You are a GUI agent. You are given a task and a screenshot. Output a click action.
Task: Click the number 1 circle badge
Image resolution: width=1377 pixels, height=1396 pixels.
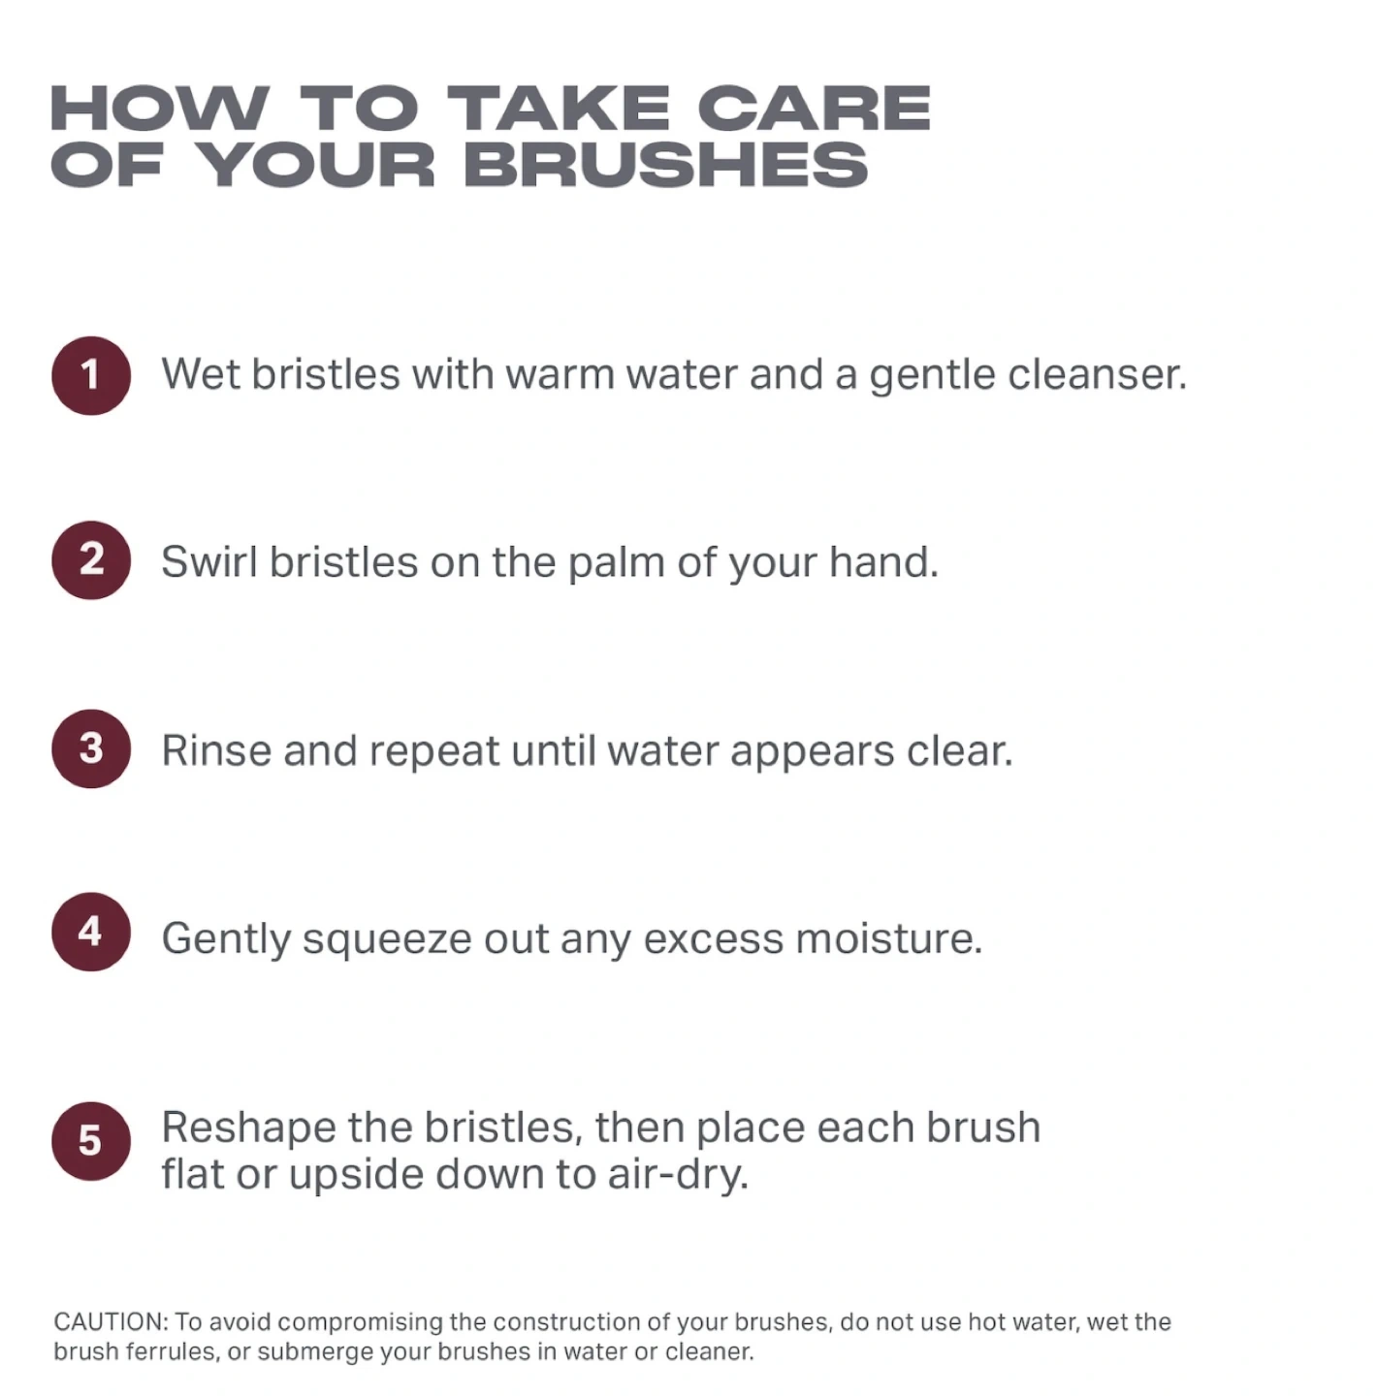click(90, 375)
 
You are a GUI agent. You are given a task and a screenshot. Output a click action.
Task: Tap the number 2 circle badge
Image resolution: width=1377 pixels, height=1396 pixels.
click(90, 560)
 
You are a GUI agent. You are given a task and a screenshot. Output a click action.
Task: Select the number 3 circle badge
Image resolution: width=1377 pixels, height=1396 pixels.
click(90, 748)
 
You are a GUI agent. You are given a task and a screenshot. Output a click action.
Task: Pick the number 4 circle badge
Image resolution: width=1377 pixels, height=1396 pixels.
click(90, 932)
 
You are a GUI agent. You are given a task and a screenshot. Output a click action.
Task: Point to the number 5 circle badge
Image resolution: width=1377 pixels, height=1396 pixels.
click(90, 1142)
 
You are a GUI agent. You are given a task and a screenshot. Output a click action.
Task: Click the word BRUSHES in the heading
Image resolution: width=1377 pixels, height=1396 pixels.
click(670, 164)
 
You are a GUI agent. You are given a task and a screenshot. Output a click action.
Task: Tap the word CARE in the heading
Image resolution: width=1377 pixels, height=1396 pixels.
click(814, 108)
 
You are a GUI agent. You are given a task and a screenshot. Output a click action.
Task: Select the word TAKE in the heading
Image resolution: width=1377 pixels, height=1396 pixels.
click(559, 108)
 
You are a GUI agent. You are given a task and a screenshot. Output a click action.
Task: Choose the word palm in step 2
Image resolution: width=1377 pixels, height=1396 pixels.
click(616, 563)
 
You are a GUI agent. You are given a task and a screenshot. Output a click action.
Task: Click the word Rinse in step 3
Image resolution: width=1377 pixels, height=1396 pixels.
click(216, 749)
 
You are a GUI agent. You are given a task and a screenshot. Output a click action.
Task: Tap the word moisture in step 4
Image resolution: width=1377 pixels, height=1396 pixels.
click(889, 938)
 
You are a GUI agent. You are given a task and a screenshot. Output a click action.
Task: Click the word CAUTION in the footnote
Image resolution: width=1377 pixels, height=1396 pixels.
click(111, 1322)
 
